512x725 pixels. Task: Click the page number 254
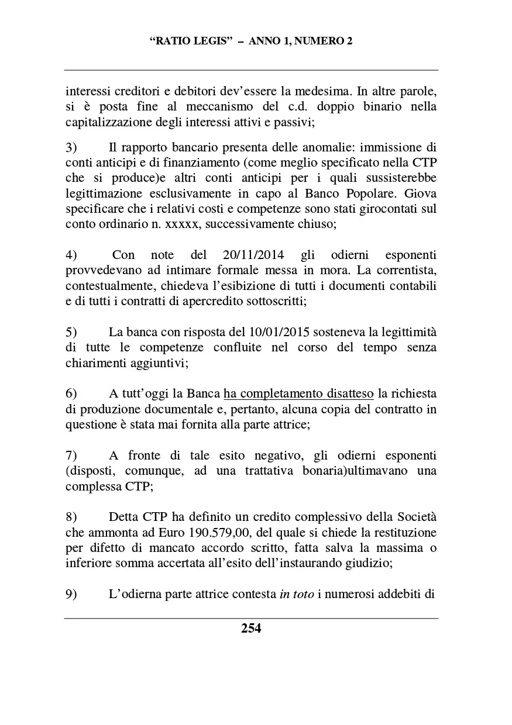[x=251, y=629]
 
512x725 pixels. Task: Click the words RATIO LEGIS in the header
[x=188, y=42]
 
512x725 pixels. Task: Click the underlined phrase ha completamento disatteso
[x=298, y=394]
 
